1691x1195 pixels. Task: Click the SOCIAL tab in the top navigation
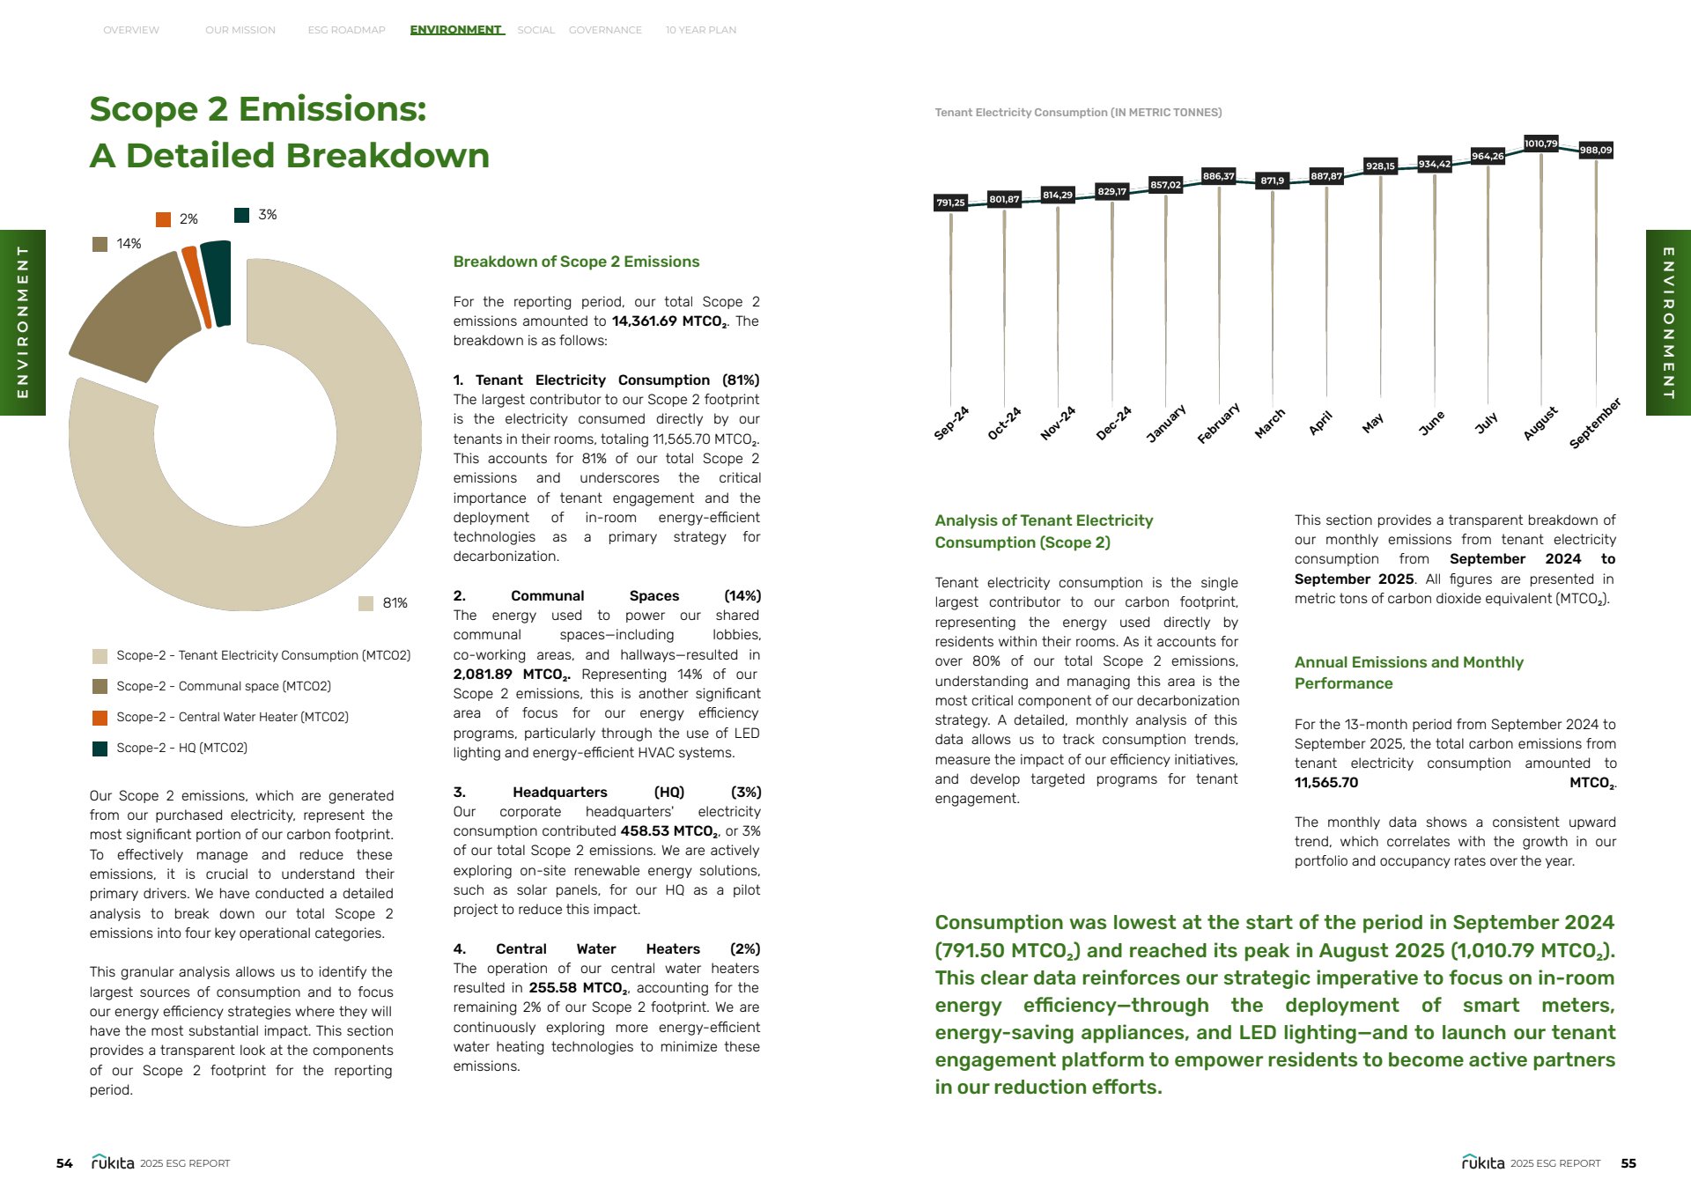click(x=535, y=30)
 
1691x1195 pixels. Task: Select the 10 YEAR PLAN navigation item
click(x=700, y=30)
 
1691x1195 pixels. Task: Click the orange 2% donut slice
click(x=196, y=287)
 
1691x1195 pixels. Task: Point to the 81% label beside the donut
click(x=395, y=603)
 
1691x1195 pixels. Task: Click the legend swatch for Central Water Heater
click(x=100, y=718)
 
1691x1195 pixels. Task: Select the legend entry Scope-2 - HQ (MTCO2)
click(x=181, y=749)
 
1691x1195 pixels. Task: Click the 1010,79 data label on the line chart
click(x=1540, y=144)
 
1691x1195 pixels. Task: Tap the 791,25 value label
click(x=950, y=203)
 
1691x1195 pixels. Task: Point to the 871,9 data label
click(x=1272, y=181)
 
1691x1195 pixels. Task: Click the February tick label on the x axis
click(x=1219, y=424)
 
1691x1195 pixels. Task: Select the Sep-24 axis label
click(x=951, y=424)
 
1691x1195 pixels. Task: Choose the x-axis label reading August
click(x=1540, y=424)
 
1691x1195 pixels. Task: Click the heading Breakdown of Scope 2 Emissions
click(x=576, y=262)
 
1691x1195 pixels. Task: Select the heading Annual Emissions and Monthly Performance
click(x=1408, y=673)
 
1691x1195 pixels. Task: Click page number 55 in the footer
click(x=1628, y=1163)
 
